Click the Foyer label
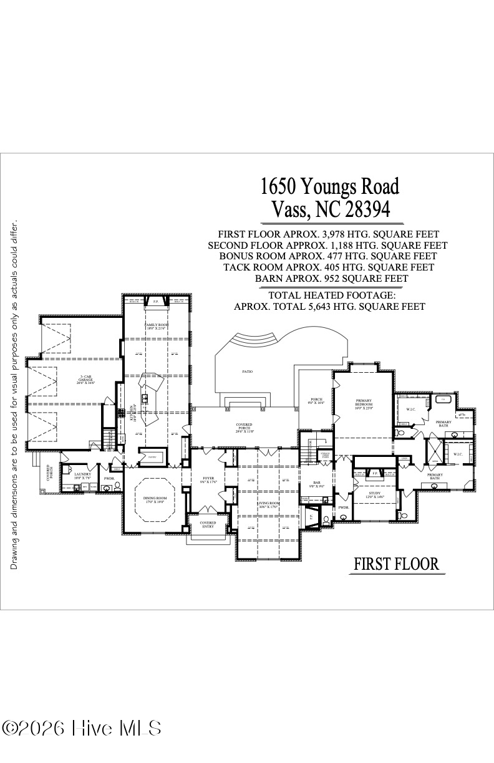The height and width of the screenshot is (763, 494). pos(208,480)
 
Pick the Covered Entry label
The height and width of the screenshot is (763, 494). pos(208,525)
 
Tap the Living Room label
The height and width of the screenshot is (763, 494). pos(269,505)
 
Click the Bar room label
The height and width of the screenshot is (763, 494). pos(317,485)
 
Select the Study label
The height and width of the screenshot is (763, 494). pos(375,495)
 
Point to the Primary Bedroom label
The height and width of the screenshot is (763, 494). pos(364,403)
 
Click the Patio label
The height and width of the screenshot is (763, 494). pos(248,372)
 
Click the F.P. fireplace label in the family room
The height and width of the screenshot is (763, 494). pos(155,302)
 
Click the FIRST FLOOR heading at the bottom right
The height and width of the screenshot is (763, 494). pos(396,564)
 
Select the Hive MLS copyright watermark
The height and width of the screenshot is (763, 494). pos(82,728)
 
